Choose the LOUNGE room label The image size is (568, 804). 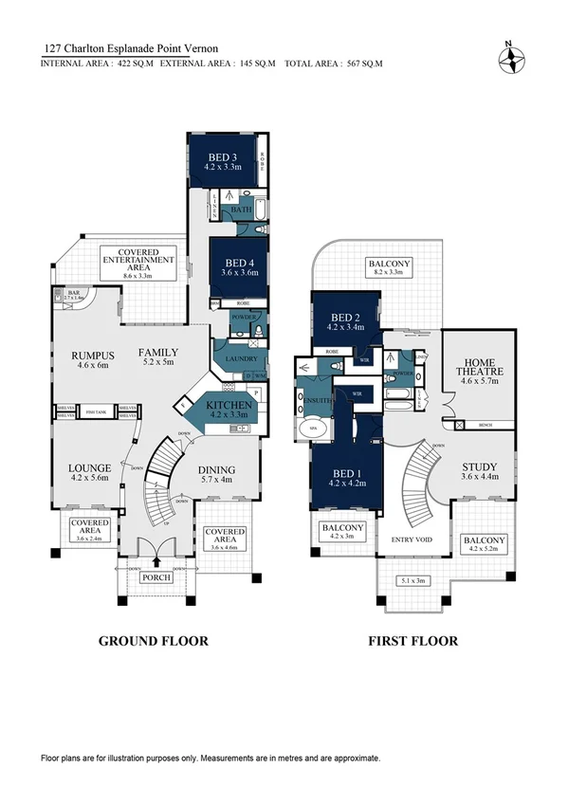coord(90,468)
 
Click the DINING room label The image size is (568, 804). coord(223,469)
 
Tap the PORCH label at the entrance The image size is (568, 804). coord(155,577)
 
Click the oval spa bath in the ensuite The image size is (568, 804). coord(313,429)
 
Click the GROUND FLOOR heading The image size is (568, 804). coord(154,641)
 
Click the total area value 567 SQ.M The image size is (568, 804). coord(363,64)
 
